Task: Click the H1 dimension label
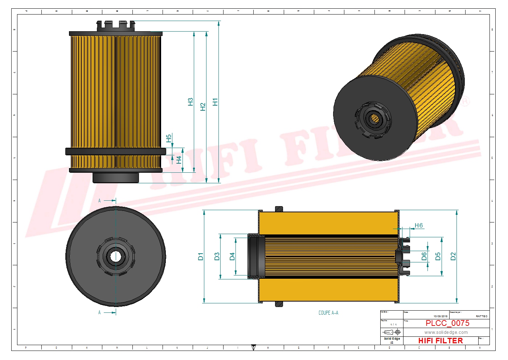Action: coord(215,102)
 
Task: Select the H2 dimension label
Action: coord(203,107)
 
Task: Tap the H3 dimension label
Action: coord(190,102)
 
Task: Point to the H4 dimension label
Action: coord(179,160)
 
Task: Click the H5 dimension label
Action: coord(169,138)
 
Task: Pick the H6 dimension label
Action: coord(419,225)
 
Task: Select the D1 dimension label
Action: coord(201,257)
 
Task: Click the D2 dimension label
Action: coord(453,257)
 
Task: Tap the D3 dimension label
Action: coord(217,257)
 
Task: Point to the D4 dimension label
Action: coord(232,257)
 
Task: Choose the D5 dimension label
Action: coord(438,257)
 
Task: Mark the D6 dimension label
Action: coord(424,257)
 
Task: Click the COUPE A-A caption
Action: coord(328,313)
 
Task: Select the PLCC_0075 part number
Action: coord(447,323)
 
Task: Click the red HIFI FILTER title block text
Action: coord(441,341)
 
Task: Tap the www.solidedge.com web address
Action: coord(446,332)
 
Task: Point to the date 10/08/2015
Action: coord(440,316)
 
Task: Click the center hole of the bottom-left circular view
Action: coord(115,257)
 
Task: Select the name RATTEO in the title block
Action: coord(482,316)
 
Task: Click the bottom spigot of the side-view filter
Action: coord(116,177)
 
